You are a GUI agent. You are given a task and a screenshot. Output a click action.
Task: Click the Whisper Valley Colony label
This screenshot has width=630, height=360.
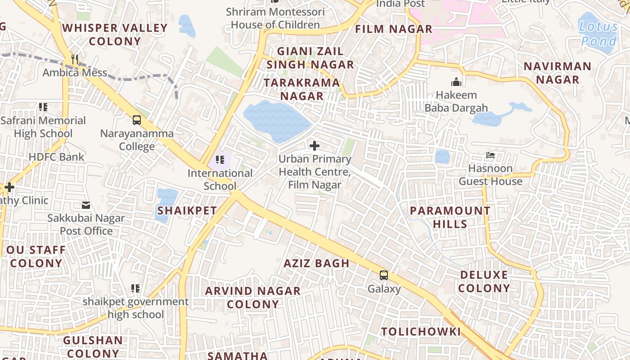pos(115,35)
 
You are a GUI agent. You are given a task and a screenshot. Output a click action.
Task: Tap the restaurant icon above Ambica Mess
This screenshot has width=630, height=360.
pos(75,59)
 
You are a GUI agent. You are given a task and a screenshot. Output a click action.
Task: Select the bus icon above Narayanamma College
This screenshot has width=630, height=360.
pos(137,120)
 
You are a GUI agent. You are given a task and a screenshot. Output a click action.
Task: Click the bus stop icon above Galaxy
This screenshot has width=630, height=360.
pos(384,275)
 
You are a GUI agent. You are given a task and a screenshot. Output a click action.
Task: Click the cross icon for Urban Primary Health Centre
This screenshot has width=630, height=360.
pos(315,146)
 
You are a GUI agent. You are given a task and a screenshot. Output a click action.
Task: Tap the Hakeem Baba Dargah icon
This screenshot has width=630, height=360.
pos(456,82)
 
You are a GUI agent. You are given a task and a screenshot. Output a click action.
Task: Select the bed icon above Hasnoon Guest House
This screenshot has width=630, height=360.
pos(490,156)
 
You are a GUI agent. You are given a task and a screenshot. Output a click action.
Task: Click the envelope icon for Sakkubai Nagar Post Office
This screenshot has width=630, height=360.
pos(86,205)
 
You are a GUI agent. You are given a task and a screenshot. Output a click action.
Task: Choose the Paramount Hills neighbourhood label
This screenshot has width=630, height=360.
pos(450,217)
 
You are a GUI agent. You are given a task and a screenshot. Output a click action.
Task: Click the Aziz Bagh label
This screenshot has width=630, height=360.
pos(316,263)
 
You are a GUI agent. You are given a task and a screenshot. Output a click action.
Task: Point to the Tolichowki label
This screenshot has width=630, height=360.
pos(421,332)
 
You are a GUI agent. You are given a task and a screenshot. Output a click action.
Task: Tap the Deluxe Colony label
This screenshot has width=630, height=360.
pos(484,281)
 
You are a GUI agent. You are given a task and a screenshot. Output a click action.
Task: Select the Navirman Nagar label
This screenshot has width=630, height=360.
pos(558,73)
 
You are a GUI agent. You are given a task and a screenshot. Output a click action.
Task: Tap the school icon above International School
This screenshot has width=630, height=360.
pos(220,160)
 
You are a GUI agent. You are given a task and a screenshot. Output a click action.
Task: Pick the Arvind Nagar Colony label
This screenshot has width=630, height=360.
pos(253,297)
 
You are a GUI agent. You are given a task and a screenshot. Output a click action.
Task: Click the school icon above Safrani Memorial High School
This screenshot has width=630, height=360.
pos(43,107)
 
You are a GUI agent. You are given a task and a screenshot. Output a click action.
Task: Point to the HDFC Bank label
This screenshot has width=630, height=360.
pos(56,157)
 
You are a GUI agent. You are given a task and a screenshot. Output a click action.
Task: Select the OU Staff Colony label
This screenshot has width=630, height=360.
pos(36,256)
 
